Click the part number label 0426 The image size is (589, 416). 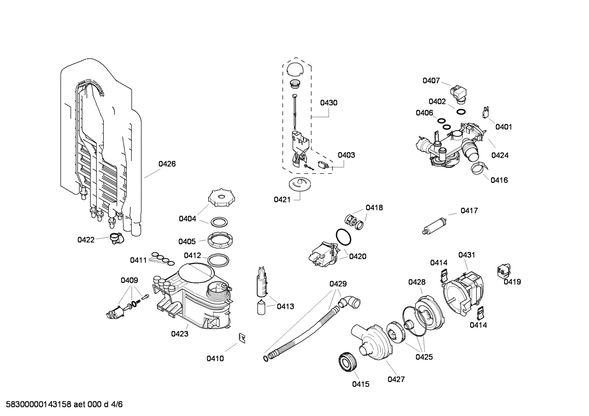pos(167,164)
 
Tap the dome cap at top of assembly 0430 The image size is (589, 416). pos(294,69)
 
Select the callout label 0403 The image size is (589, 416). pos(346,155)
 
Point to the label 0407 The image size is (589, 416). pos(431,81)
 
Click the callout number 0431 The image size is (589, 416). pos(466,255)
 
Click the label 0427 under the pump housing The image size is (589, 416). pos(396,379)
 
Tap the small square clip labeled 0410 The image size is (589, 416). pos(242,338)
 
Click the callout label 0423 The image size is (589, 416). pos(180,334)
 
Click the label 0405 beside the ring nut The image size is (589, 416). pos(187,242)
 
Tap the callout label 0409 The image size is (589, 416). pos(129,280)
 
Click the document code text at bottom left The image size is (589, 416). pos(62,405)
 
